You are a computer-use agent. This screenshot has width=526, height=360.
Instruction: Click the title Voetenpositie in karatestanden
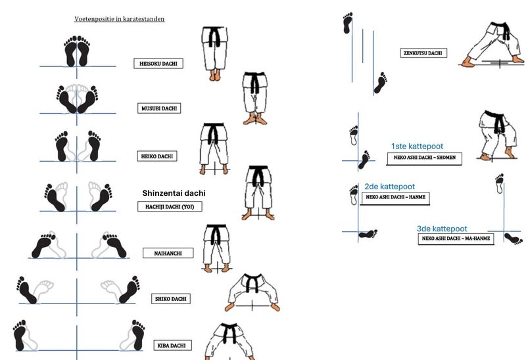point(120,19)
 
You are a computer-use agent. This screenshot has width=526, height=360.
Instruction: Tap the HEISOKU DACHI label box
point(158,63)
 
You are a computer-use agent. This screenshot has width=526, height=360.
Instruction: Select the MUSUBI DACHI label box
point(159,108)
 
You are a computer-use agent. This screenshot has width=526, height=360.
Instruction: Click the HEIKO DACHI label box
point(157,156)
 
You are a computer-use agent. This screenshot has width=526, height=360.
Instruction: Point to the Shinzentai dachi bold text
point(174,193)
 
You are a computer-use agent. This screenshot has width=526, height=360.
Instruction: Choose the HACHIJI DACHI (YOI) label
point(170,206)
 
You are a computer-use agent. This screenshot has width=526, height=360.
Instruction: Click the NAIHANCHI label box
point(168,253)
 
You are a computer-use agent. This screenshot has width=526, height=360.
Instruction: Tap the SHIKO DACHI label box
point(171,299)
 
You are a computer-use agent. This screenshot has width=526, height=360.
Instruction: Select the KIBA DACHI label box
point(172,346)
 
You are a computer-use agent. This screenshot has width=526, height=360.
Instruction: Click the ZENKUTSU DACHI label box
point(423,53)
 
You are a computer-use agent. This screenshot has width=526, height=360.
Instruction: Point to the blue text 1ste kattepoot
point(417,146)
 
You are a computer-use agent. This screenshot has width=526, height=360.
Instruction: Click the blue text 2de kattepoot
point(389,187)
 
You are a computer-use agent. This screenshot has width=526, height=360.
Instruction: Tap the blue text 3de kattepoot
point(442,229)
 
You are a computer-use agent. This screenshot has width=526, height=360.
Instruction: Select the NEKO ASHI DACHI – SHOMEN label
point(424,158)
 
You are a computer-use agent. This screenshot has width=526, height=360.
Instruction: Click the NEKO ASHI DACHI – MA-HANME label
point(456,238)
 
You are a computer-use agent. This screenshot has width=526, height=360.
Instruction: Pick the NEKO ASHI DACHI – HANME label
point(396,198)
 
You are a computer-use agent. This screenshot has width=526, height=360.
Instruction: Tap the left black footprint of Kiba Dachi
point(20,335)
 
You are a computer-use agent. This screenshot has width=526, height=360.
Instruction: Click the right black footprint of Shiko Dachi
point(130,290)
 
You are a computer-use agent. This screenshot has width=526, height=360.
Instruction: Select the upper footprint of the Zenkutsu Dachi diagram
point(348,23)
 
